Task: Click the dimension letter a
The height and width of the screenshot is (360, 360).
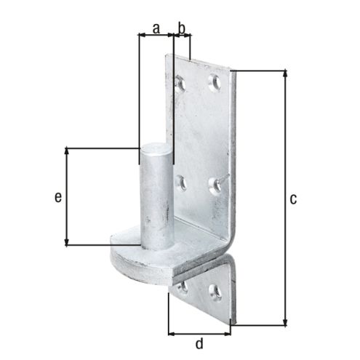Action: (156, 28)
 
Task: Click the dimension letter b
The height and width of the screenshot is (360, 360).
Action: (182, 28)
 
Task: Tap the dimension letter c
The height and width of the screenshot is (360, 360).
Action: (293, 199)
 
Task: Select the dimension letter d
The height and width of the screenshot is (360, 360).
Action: (199, 343)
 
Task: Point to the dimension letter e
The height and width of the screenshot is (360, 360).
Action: (58, 197)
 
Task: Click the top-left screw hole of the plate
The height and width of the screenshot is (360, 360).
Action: (180, 84)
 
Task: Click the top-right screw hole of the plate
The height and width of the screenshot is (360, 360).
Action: (215, 83)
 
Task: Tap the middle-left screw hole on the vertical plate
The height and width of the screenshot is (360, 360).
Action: (181, 183)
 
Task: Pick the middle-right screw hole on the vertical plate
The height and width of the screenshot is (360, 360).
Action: (215, 186)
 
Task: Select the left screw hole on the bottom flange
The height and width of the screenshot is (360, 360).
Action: (183, 288)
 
